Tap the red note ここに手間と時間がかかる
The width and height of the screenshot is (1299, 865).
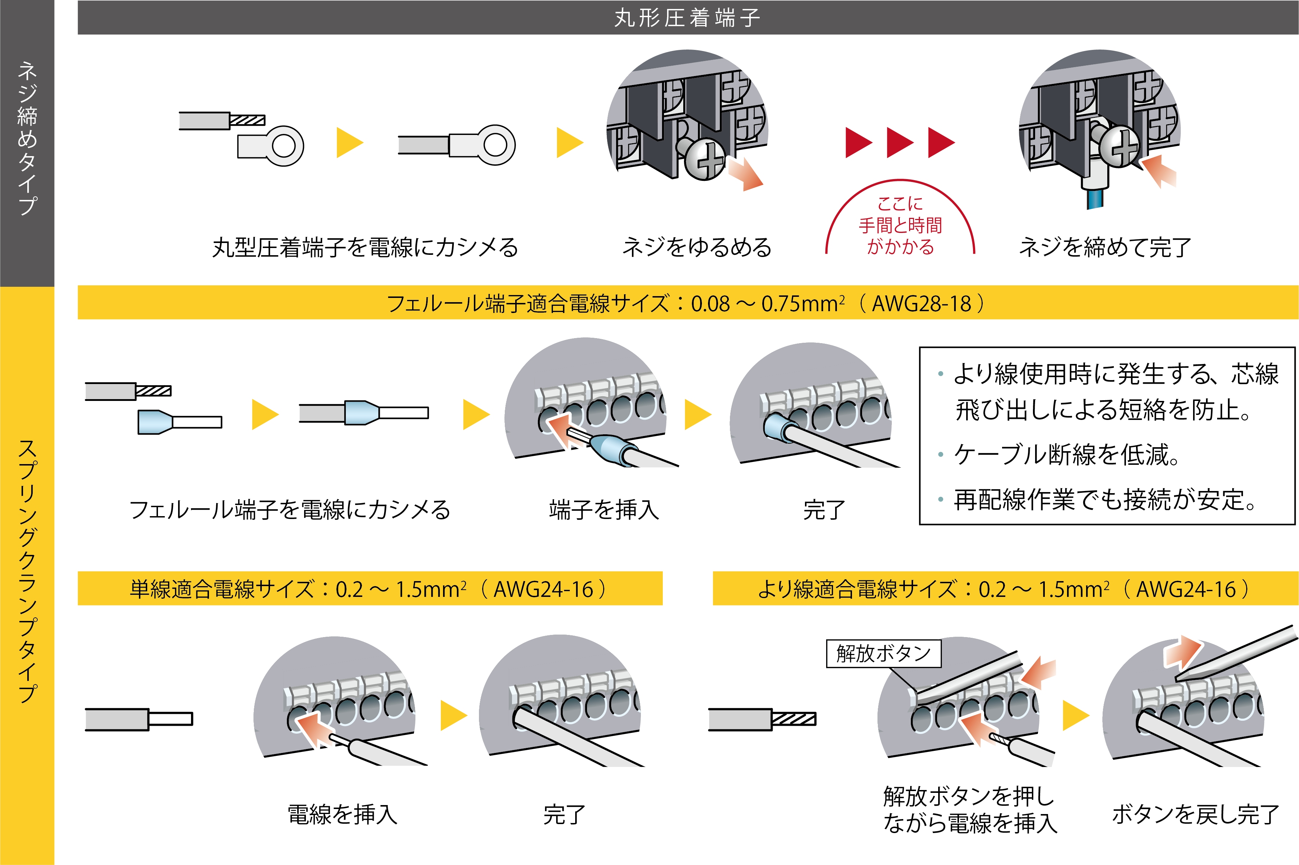pyautogui.click(x=900, y=226)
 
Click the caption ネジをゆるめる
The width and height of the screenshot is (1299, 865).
pyautogui.click(x=697, y=248)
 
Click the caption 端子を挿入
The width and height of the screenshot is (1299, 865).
pyautogui.click(x=604, y=510)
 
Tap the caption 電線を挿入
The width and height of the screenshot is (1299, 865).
pyautogui.click(x=343, y=815)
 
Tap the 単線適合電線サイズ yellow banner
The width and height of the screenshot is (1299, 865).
pyautogui.click(x=370, y=589)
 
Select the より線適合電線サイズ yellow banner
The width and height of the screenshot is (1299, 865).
pyautogui.click(x=1004, y=589)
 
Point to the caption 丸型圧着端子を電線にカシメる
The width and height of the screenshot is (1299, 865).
pyautogui.click(x=365, y=248)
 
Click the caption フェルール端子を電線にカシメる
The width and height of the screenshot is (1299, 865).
pyautogui.click(x=290, y=510)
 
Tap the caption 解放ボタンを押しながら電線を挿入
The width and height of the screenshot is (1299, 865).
pyautogui.click(x=969, y=809)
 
